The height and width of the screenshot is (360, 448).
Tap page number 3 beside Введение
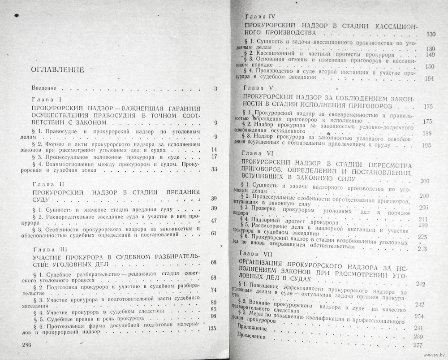215,89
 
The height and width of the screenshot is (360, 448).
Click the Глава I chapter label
50,99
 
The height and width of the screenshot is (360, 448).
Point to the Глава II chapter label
50,184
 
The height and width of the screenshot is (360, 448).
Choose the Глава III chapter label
51,248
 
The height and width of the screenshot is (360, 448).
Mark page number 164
430,79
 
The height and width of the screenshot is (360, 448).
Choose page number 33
214,169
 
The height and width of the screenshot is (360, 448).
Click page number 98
213,317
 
